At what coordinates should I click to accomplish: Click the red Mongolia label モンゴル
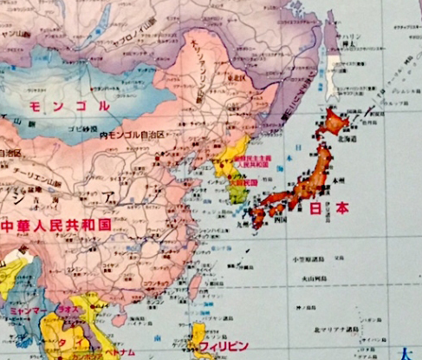pos(69,107)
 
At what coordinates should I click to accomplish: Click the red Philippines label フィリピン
pos(224,345)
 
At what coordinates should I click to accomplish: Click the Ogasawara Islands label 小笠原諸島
pos(307,259)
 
